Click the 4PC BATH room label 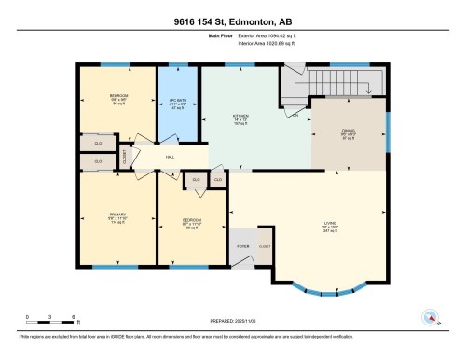coord(179,100)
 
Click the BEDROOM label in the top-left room coord(119,96)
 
